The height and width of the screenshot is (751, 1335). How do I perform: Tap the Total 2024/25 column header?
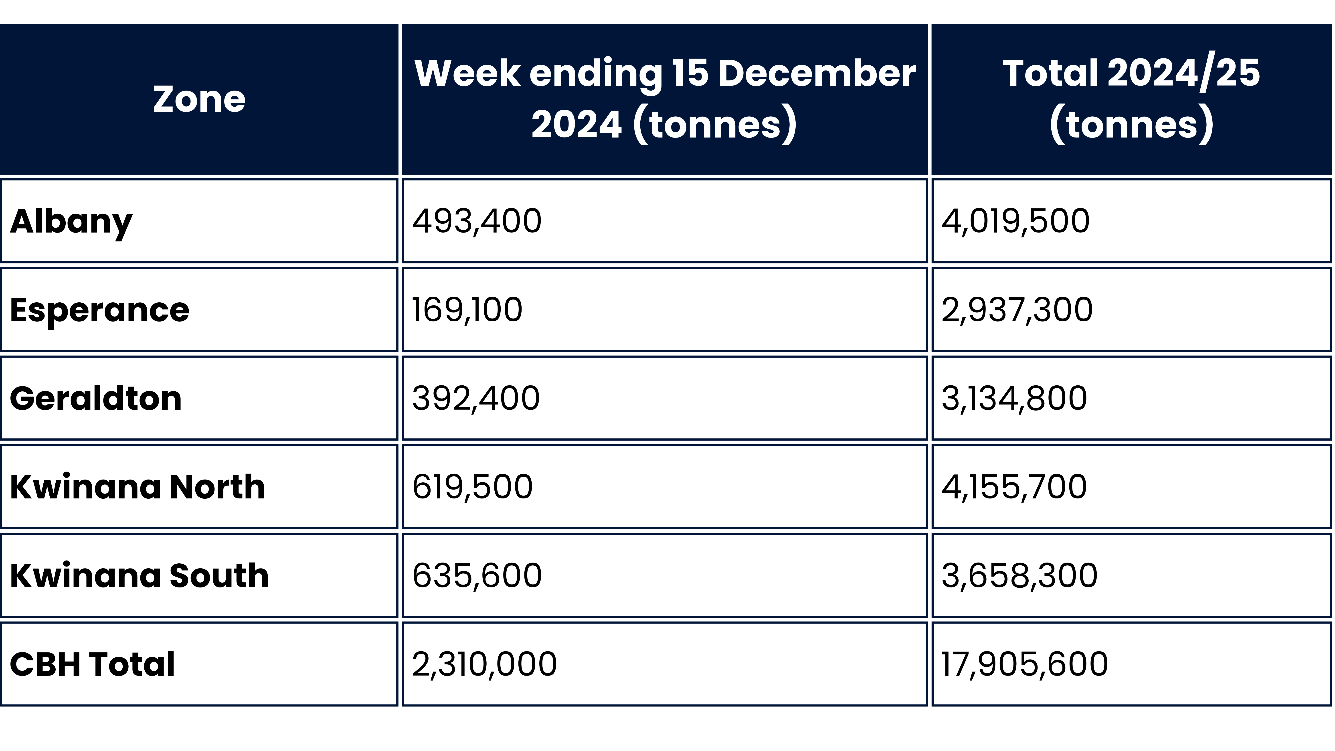pos(1131,99)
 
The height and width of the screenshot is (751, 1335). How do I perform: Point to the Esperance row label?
pos(99,310)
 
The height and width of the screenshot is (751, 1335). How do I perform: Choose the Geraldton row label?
pos(96,399)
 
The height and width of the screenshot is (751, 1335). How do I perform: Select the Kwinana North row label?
pos(137,487)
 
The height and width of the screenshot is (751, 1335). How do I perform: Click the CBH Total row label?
pos(92,664)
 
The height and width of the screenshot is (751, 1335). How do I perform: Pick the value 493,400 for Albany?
pos(477,221)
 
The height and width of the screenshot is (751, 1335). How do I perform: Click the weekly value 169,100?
pos(467,310)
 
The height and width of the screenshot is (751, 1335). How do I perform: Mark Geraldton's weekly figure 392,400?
pos(476,399)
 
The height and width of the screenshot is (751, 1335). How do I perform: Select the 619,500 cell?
pos(472,487)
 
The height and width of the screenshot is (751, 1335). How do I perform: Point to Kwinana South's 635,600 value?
pos(477,576)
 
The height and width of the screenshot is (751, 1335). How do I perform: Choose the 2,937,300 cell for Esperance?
pos(1017,310)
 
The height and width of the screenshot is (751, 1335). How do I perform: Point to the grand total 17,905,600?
pos(1025,664)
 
